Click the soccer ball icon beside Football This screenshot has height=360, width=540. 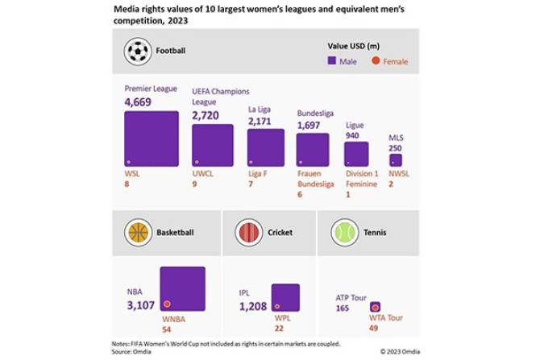pyautogui.click(x=138, y=52)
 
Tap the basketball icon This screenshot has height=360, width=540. pyautogui.click(x=138, y=233)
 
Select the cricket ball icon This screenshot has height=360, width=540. pyautogui.click(x=247, y=233)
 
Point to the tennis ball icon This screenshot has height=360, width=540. pyautogui.click(x=345, y=233)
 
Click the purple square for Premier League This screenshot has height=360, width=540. pyautogui.click(x=152, y=139)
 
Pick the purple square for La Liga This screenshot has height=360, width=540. pyautogui.click(x=265, y=147)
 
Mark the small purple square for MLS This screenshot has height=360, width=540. pyautogui.click(x=395, y=159)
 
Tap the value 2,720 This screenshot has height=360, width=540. pyautogui.click(x=206, y=115)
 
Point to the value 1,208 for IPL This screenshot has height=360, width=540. pyautogui.click(x=252, y=307)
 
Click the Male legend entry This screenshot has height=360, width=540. pyautogui.click(x=345, y=61)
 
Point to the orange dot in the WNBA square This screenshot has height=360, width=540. pyautogui.click(x=167, y=304)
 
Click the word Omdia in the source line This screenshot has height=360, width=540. pyautogui.click(x=142, y=351)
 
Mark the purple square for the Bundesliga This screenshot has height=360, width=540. pyautogui.click(x=313, y=150)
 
